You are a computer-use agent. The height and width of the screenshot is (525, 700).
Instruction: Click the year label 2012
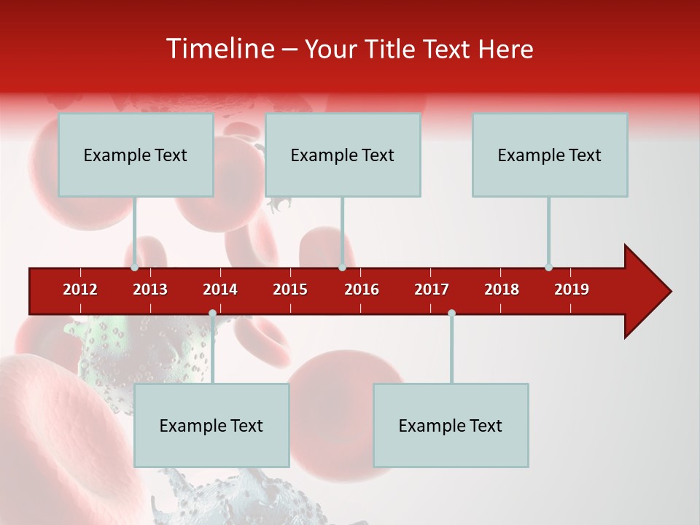click(80, 289)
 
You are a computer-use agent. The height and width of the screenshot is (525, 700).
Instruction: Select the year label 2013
click(150, 289)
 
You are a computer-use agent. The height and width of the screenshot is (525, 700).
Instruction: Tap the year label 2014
click(220, 289)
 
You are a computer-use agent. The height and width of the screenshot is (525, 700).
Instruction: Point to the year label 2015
click(290, 289)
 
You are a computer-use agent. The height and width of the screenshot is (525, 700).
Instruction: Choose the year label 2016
click(362, 289)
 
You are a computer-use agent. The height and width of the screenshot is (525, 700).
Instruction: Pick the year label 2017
click(432, 289)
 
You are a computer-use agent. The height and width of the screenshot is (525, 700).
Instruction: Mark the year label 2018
click(502, 289)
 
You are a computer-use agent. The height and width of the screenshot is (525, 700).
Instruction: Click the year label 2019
click(572, 289)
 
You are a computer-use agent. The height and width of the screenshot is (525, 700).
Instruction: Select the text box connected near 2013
click(136, 155)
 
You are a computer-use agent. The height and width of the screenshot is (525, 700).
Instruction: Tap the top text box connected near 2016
click(343, 155)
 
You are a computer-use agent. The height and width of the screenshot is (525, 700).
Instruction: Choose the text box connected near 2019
click(550, 155)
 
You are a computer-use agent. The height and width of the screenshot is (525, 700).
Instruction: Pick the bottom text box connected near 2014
click(211, 425)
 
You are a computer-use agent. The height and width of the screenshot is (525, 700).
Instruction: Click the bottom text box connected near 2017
click(451, 425)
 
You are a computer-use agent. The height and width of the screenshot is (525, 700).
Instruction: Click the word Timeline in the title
click(219, 49)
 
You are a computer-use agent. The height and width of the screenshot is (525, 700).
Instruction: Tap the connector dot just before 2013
click(135, 267)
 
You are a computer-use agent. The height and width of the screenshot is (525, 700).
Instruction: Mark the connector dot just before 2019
click(548, 267)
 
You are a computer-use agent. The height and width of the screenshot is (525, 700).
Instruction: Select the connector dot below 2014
click(212, 313)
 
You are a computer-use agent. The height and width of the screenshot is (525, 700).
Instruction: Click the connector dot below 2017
click(451, 313)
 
